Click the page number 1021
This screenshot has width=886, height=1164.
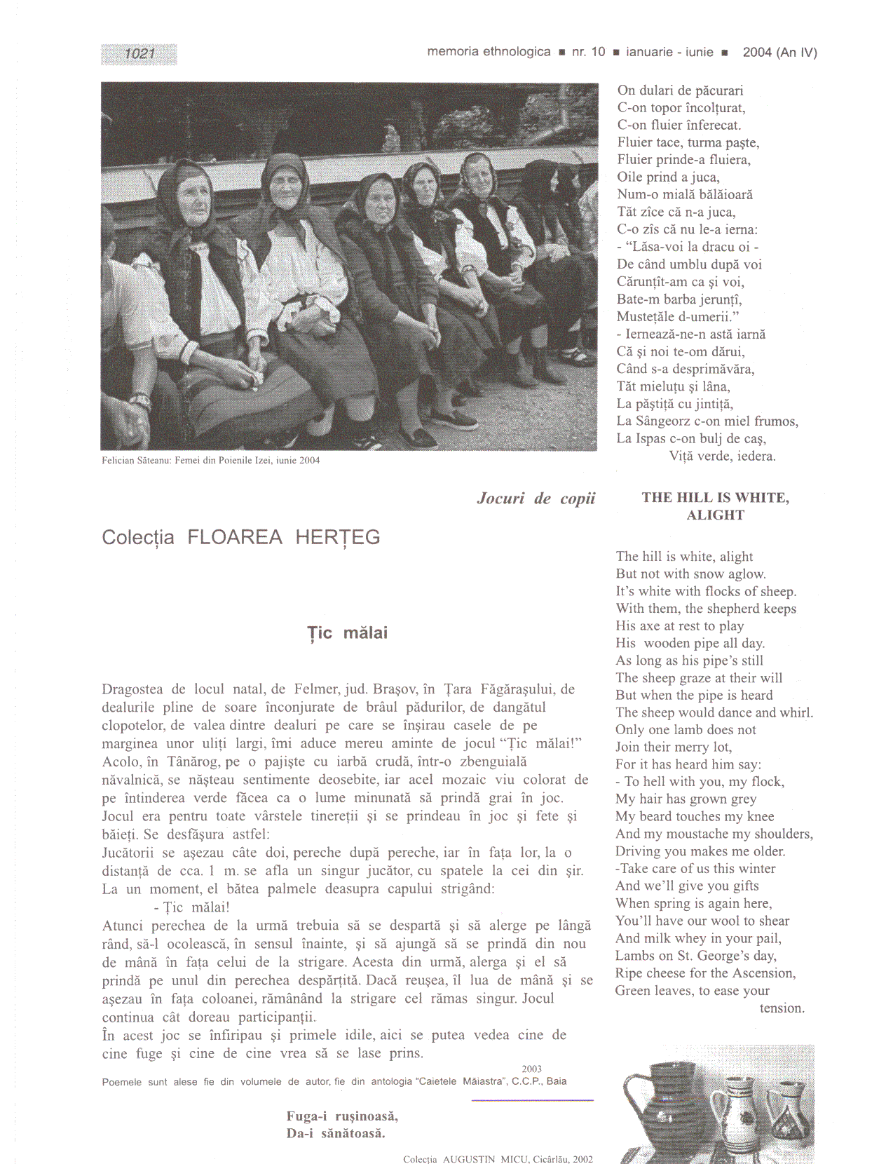pos(139,54)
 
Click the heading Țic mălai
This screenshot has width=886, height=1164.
pos(348,633)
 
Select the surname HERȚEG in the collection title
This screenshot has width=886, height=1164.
pos(337,538)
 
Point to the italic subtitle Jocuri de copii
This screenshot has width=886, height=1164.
pos(536,499)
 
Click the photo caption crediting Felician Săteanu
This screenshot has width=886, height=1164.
pos(210,461)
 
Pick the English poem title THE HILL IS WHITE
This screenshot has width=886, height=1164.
pos(715,499)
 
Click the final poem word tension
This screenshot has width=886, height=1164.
pos(782,1008)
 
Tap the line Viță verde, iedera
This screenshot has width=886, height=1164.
pos(722,456)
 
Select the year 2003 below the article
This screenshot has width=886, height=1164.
pos(531,1069)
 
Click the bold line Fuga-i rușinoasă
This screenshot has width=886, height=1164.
pos(342,1116)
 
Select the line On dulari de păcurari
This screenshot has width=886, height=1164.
pos(680,90)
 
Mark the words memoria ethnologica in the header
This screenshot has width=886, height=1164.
pos(489,52)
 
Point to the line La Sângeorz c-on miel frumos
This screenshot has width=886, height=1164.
pos(707,421)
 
